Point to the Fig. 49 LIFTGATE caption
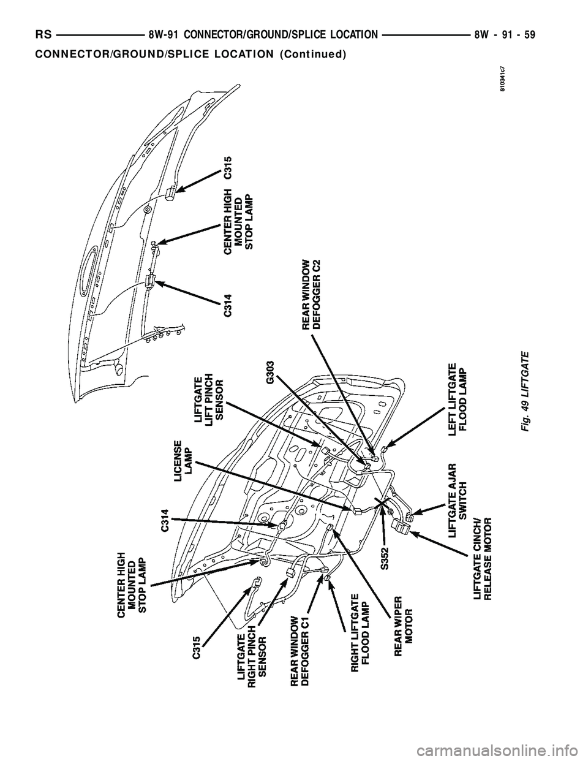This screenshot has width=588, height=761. pyautogui.click(x=525, y=392)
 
